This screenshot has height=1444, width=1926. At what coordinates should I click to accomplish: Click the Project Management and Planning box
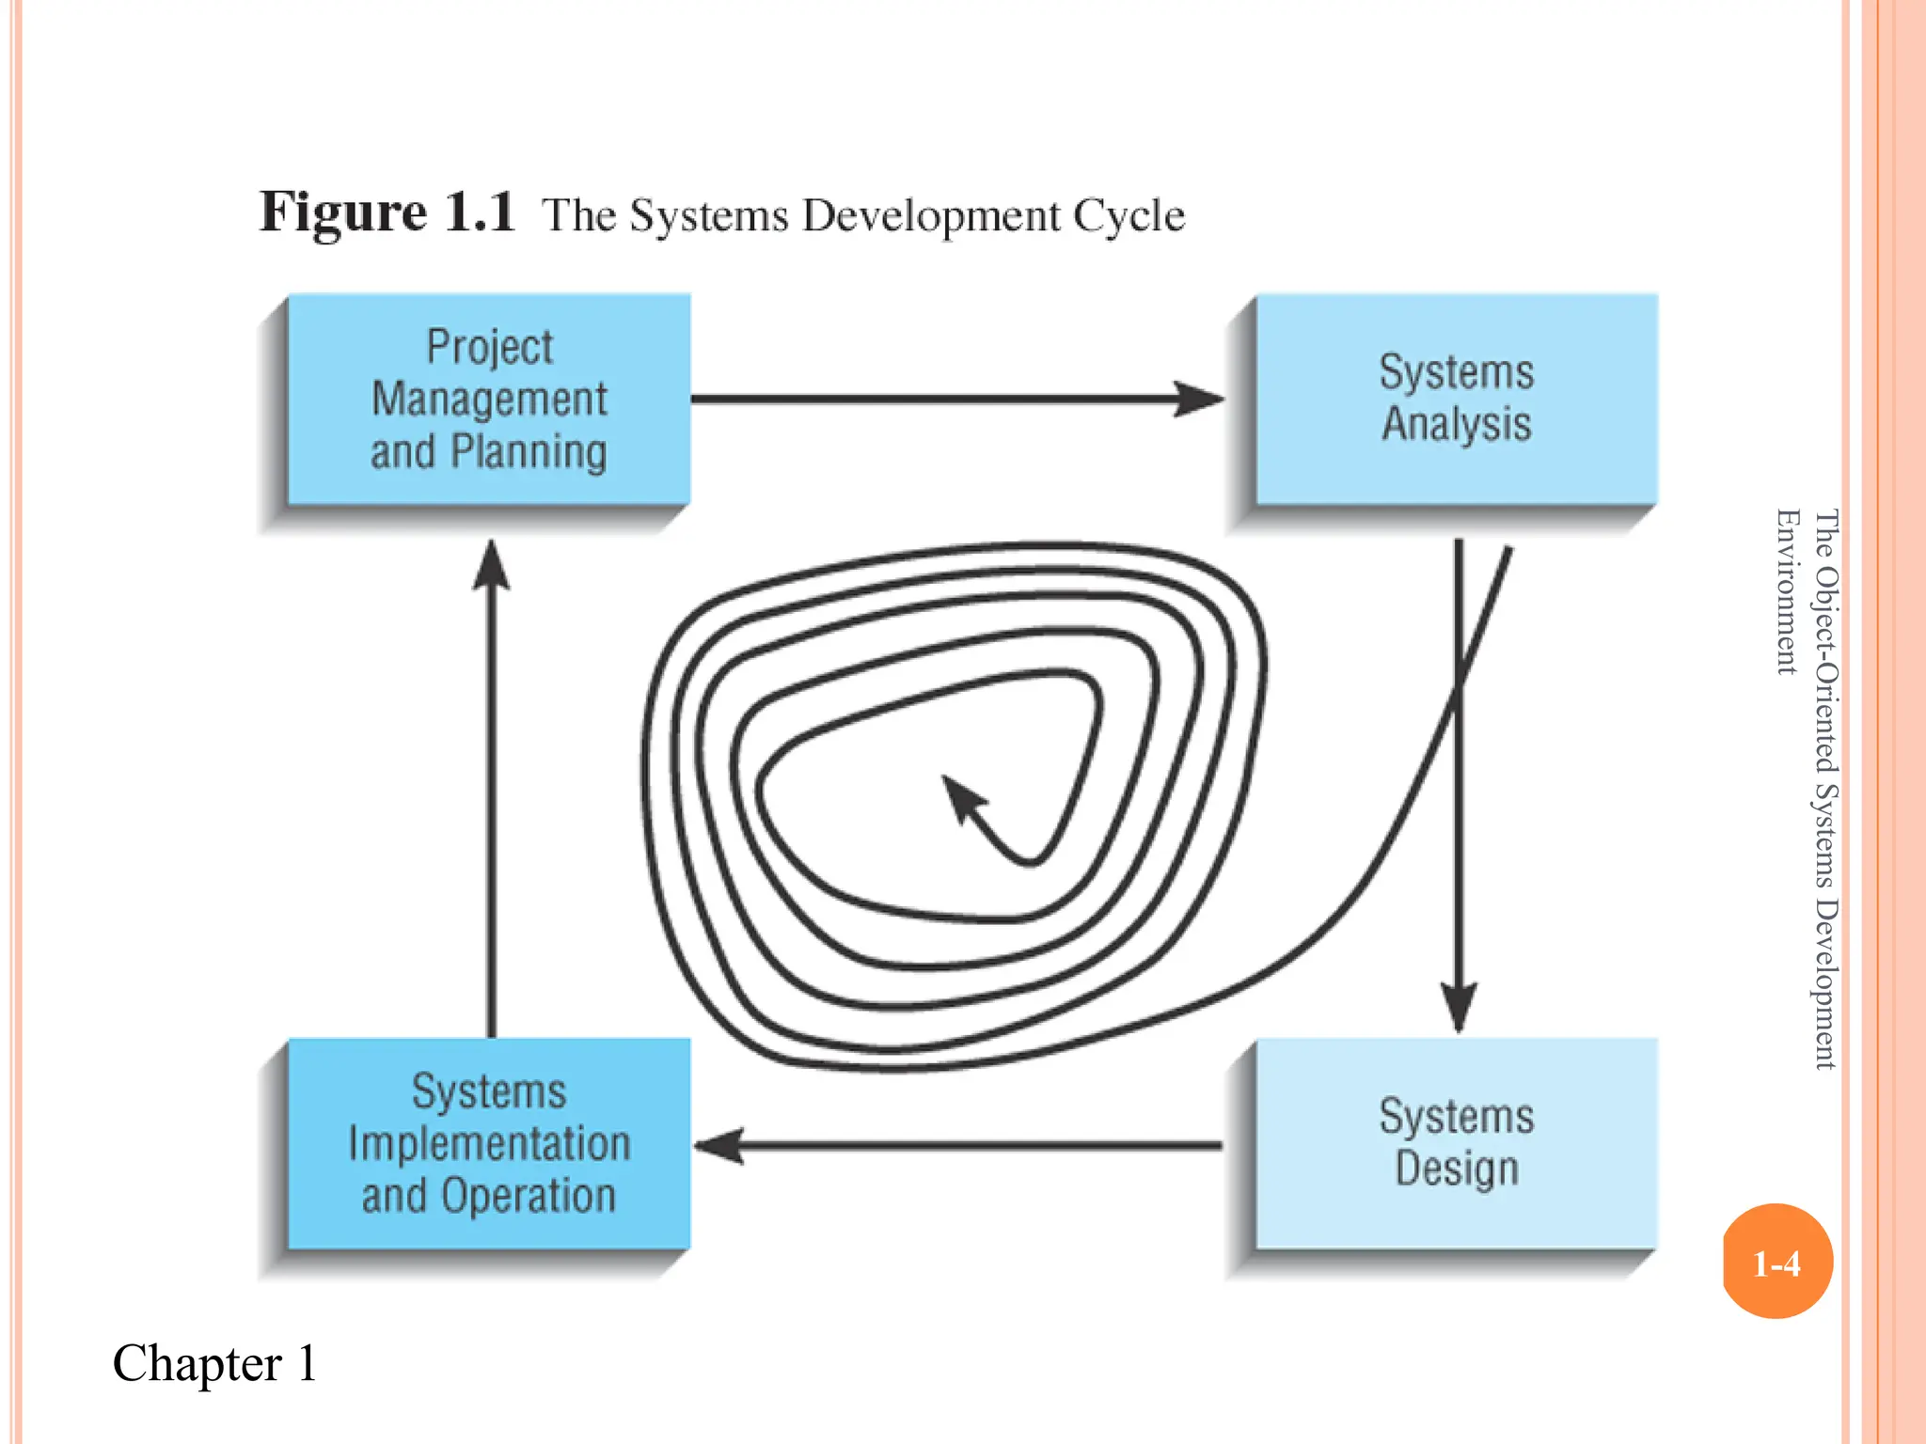489,400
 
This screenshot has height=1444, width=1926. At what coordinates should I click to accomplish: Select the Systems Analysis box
1457,400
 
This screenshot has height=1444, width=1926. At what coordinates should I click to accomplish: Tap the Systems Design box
1457,1143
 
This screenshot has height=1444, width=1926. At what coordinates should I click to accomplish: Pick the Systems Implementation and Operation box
489,1143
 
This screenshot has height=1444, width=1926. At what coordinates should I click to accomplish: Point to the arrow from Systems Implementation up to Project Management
491,790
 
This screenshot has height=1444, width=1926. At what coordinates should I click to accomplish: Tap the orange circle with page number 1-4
1776,1263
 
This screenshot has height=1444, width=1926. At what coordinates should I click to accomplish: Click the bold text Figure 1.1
387,212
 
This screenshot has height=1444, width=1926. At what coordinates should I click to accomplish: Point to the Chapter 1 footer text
214,1363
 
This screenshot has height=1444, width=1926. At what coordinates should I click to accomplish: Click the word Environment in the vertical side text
1787,591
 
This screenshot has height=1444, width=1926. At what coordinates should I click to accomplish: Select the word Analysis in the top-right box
1457,424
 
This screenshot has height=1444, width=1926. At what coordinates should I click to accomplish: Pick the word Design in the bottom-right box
1457,1169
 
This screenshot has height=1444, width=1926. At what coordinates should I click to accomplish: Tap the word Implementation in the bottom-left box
489,1144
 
